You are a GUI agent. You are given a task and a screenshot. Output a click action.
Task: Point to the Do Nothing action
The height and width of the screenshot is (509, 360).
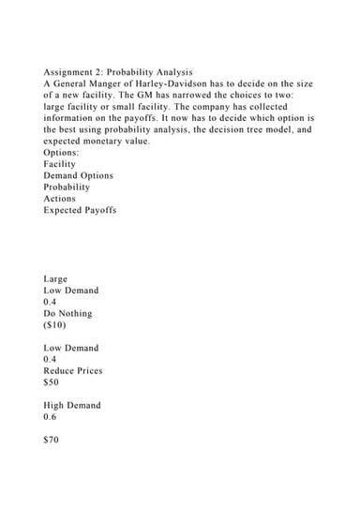(x=70, y=314)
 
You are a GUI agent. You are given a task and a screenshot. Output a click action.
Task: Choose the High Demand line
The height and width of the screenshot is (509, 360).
(x=72, y=405)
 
